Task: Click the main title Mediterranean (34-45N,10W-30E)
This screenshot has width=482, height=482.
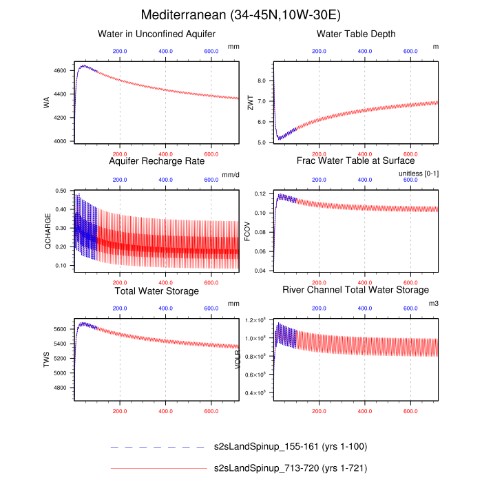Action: [x=240, y=14]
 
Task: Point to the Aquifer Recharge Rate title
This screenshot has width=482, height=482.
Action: [x=157, y=161]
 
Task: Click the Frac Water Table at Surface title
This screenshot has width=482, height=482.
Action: [x=356, y=161]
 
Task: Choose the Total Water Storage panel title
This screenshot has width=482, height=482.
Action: [x=157, y=291]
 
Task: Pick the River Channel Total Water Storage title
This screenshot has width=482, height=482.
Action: [x=356, y=290]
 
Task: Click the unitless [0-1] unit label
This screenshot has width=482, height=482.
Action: [x=419, y=174]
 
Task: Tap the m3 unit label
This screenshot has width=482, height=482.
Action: [x=433, y=304]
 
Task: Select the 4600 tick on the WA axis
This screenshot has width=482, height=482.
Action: [x=60, y=71]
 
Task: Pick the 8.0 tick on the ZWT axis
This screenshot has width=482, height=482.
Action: [x=261, y=81]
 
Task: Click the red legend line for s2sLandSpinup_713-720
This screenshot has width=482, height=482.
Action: [x=158, y=468]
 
